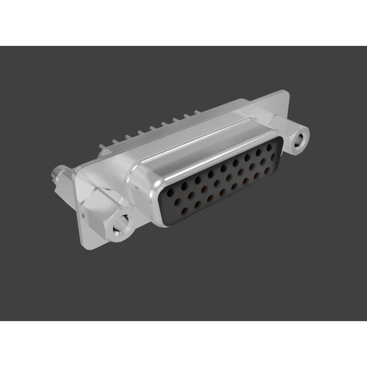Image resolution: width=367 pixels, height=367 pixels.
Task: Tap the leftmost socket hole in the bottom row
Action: [x=185, y=210]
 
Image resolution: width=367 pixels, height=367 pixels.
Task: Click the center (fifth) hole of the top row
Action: [x=224, y=167]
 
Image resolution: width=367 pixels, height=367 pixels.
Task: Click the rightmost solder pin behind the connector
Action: [x=196, y=112]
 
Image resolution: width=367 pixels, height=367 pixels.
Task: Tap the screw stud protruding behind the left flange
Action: [x=57, y=174]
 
